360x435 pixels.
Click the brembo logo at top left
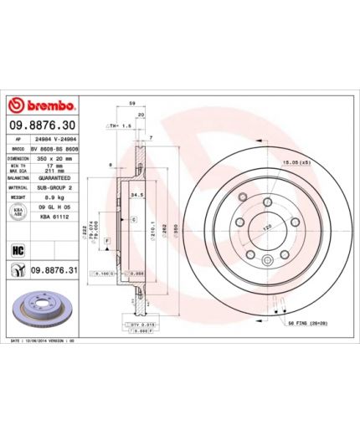pos(42,106)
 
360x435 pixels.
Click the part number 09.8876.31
pos(55,270)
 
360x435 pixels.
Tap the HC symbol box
pos(17,248)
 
